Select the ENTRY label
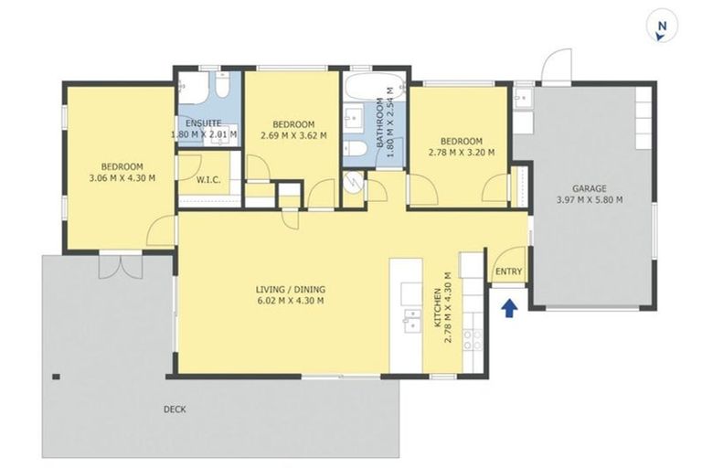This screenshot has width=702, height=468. coord(508,271)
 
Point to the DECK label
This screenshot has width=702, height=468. coord(174,409)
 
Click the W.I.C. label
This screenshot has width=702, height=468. coord(209,180)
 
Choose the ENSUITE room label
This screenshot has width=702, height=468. coord(204,124)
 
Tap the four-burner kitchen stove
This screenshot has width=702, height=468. coord(473,340)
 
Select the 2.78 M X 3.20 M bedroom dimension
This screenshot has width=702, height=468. coord(462,153)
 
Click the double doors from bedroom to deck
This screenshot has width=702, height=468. coord(121,264)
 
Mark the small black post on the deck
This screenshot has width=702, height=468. coord(57,377)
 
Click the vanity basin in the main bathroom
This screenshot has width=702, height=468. coord(353,118)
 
